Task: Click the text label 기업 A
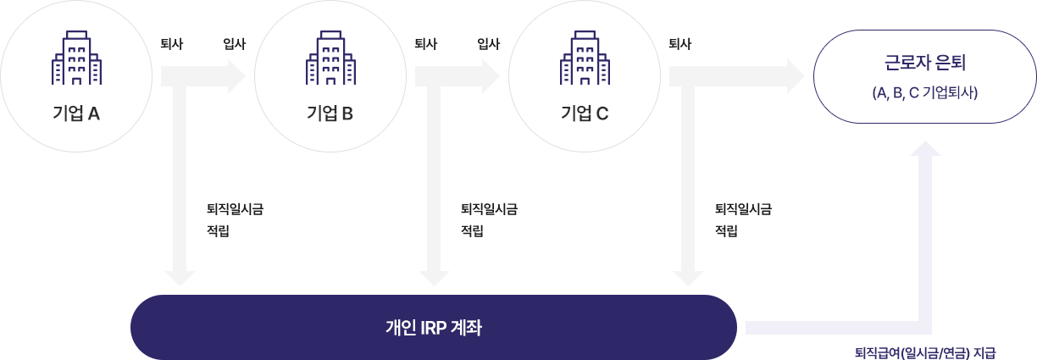pos(76,114)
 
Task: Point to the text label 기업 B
pos(330,114)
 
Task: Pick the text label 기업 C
pos(585,114)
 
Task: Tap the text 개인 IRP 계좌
pos(433,327)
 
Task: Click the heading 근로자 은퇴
pos(924,64)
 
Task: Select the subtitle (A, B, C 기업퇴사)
pos(924,93)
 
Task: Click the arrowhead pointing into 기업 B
pos(238,75)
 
